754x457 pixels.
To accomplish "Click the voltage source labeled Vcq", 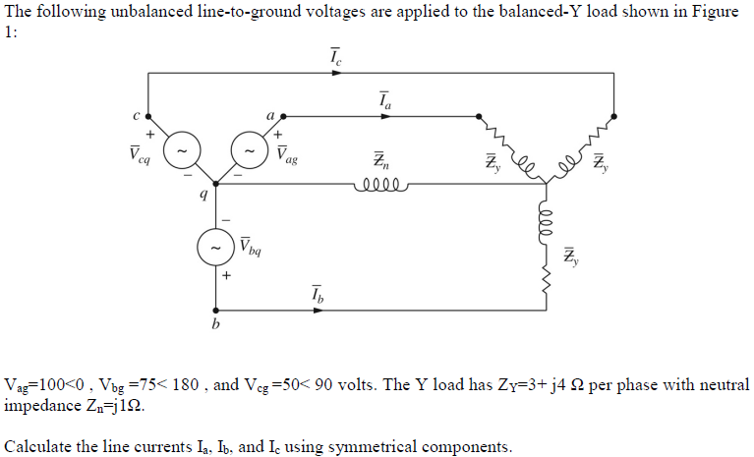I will (x=182, y=151).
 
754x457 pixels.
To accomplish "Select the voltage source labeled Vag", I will (x=247, y=151).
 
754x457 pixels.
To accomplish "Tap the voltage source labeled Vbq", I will (x=215, y=249).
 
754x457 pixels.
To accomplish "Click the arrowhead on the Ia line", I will (x=384, y=116).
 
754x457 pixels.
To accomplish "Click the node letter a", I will (x=270, y=114).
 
